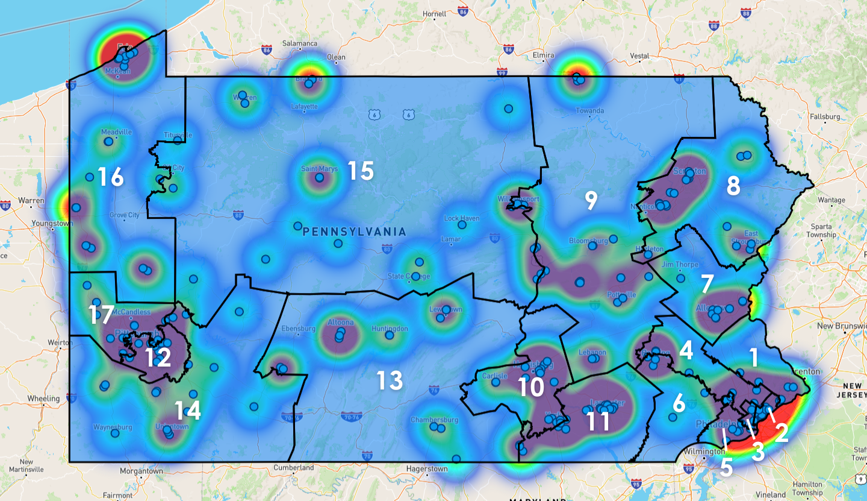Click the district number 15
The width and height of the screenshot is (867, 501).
pyautogui.click(x=361, y=171)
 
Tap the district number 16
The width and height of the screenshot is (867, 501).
pyautogui.click(x=111, y=177)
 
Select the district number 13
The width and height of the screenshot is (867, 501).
pyautogui.click(x=390, y=380)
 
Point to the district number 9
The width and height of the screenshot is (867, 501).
pyautogui.click(x=591, y=201)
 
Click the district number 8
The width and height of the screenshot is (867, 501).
pyautogui.click(x=733, y=186)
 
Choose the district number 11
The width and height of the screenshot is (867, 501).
pyautogui.click(x=598, y=421)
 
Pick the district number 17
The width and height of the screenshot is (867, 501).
pyautogui.click(x=101, y=314)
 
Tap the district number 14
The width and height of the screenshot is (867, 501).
pyautogui.click(x=187, y=411)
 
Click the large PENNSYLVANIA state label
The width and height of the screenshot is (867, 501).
pyautogui.click(x=355, y=232)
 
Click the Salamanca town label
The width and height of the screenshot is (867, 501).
pyautogui.click(x=300, y=43)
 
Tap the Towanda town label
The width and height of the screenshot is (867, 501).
pyautogui.click(x=589, y=111)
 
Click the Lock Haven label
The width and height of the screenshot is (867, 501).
pyautogui.click(x=461, y=218)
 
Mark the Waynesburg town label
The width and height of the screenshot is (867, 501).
pyautogui.click(x=113, y=427)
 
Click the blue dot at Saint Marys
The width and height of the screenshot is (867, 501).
pyautogui.click(x=320, y=177)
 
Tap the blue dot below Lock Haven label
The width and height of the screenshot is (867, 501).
pyautogui.click(x=462, y=225)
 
